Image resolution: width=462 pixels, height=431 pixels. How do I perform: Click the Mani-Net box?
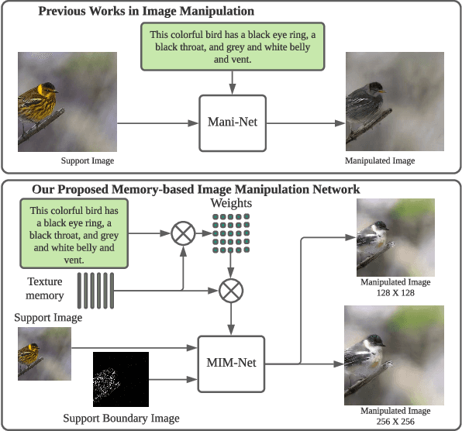click(233, 122)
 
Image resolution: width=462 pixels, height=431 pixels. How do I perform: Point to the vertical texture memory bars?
click(98, 291)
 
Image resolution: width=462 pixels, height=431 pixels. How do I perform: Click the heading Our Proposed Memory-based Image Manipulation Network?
click(196, 189)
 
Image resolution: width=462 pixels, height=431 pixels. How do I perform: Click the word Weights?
click(229, 202)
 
